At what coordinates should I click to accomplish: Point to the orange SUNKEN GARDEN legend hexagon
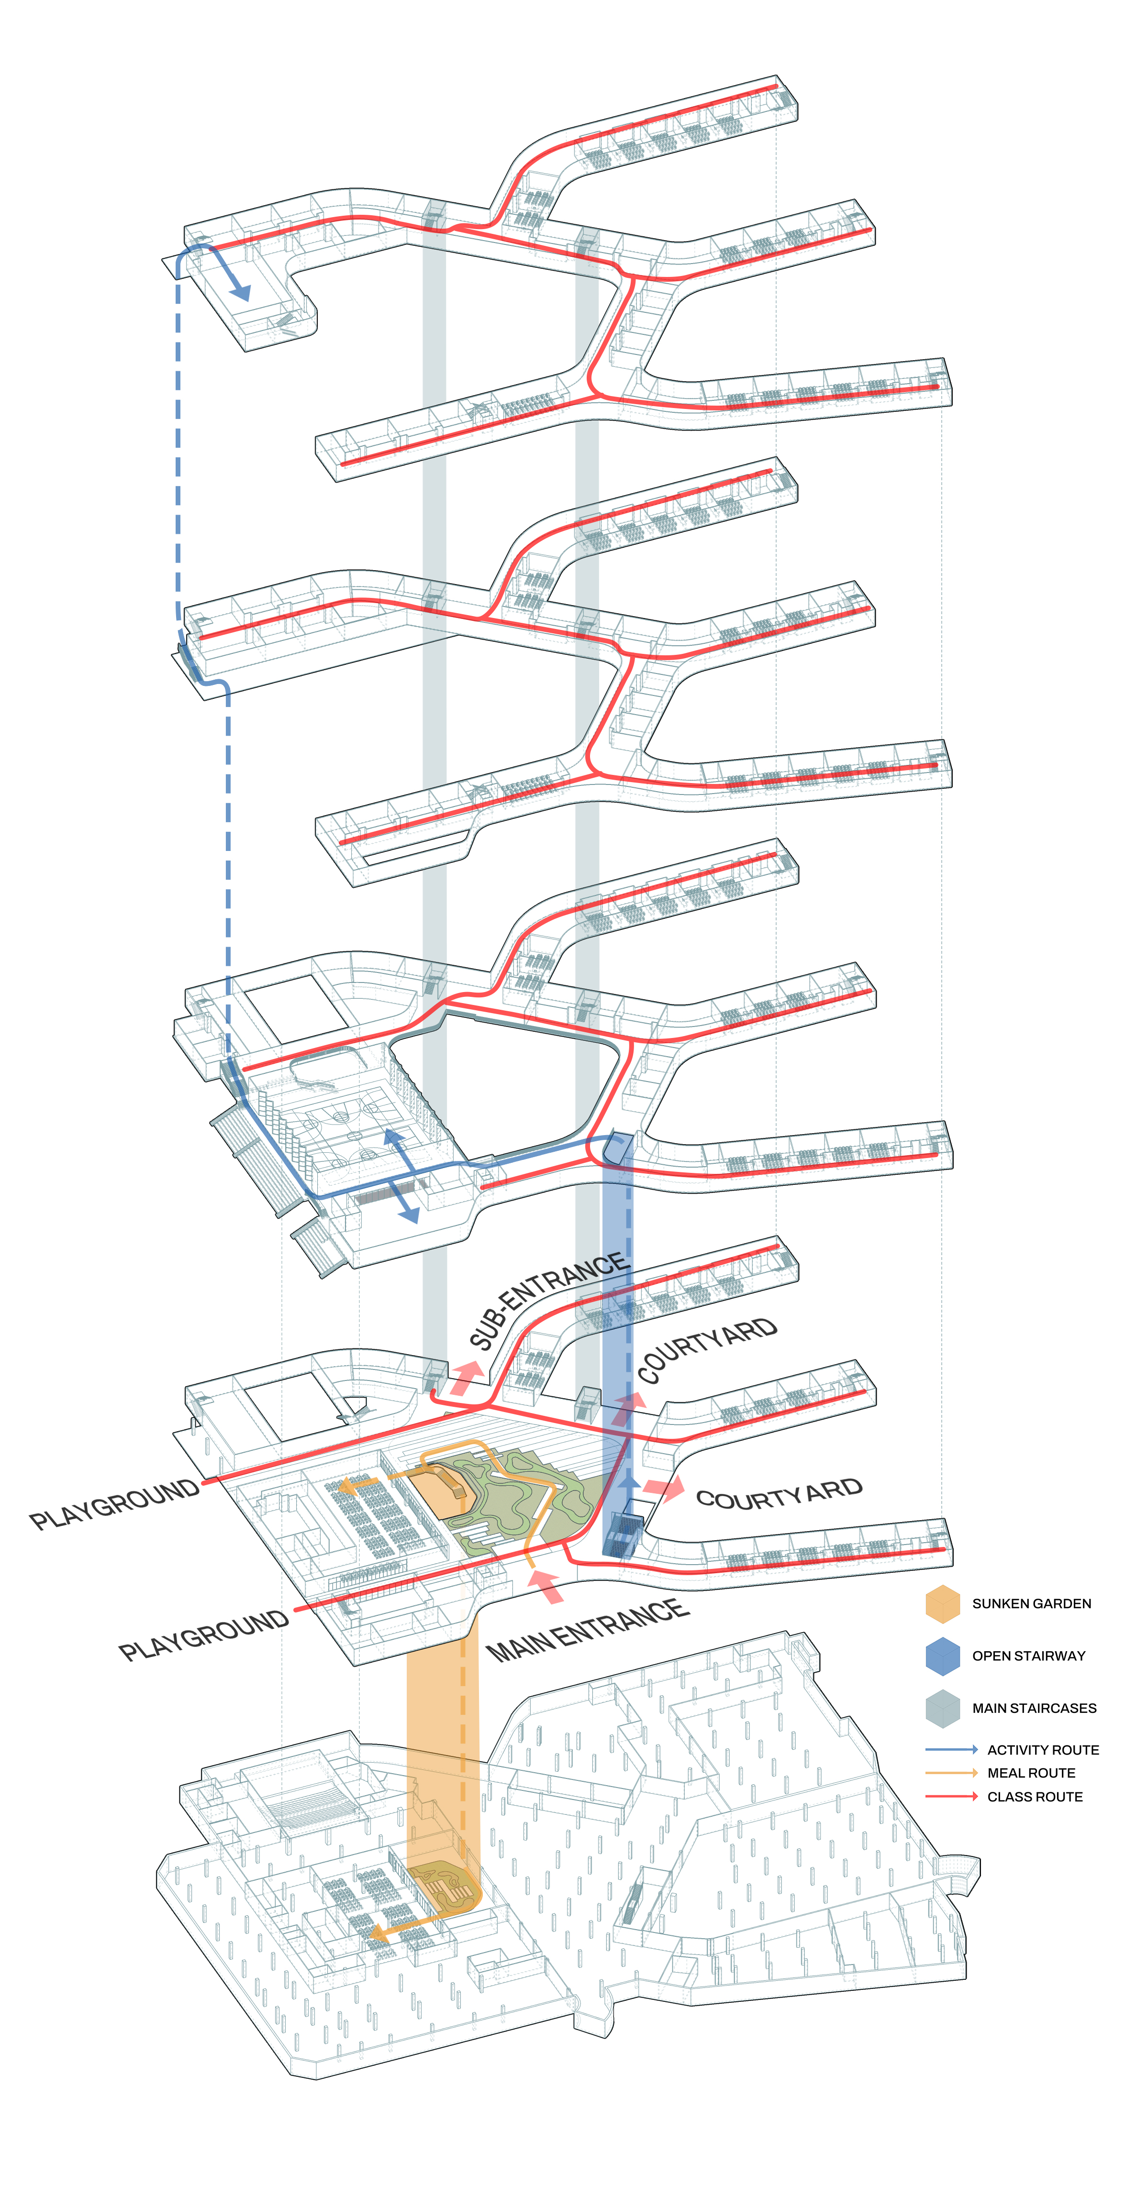click(943, 1603)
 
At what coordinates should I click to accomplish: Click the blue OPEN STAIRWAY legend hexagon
click(943, 1656)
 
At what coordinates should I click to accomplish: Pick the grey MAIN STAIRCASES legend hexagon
click(943, 1708)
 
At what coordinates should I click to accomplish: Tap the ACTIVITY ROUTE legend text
click(1043, 1750)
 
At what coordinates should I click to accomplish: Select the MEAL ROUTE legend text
click(1031, 1773)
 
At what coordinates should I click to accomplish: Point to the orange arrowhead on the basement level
click(379, 1933)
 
